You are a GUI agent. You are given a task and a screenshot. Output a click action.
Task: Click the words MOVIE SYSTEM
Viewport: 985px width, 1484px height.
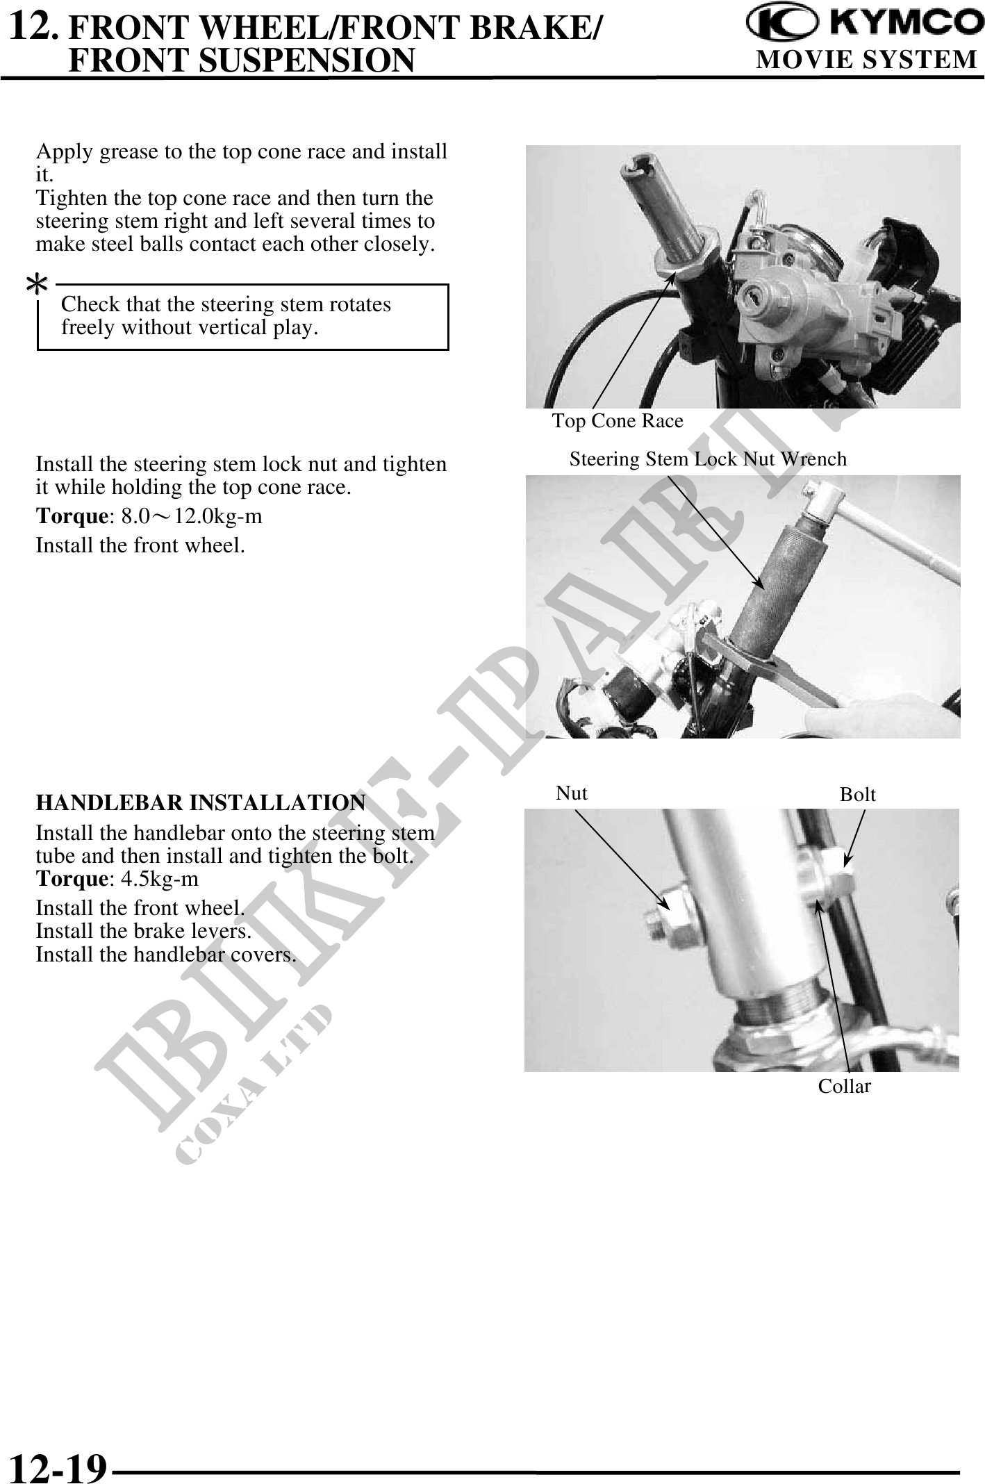pyautogui.click(x=866, y=60)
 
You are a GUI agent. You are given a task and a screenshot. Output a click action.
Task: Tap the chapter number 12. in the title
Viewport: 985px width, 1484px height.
pyautogui.click(x=33, y=27)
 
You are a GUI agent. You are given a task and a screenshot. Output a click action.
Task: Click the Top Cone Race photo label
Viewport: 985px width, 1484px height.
pyautogui.click(x=618, y=421)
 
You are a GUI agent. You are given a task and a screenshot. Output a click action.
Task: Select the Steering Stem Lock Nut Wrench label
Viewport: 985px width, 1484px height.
pyautogui.click(x=708, y=459)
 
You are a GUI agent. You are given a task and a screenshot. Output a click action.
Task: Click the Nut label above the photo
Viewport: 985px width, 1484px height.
pyautogui.click(x=572, y=793)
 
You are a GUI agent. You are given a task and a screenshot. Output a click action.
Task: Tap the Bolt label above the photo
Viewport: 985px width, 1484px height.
pyautogui.click(x=857, y=795)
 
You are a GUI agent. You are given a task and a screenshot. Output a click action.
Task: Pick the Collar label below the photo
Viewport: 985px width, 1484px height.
pyautogui.click(x=844, y=1087)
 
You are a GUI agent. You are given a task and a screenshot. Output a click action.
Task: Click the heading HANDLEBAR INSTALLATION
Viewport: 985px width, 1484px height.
pyautogui.click(x=201, y=802)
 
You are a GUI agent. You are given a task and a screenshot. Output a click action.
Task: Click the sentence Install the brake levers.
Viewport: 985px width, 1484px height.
pyautogui.click(x=144, y=931)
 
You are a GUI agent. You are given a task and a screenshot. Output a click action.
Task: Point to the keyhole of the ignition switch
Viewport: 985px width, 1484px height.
pyautogui.click(x=756, y=297)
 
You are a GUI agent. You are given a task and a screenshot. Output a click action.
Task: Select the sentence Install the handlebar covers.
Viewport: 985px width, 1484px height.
pyautogui.click(x=166, y=955)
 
